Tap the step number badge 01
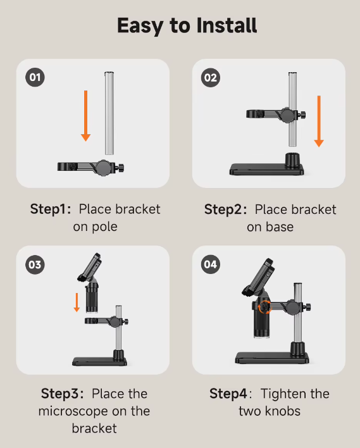[35, 77]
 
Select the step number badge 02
[211, 77]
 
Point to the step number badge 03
[35, 264]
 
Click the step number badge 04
[211, 264]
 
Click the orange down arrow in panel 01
[85, 116]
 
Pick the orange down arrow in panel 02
[319, 121]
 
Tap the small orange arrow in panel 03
[77, 302]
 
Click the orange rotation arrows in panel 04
[264, 308]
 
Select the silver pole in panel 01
[109, 113]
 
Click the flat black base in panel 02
[267, 169]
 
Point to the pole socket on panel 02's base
[292, 159]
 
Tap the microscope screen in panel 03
[90, 267]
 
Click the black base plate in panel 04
[272, 358]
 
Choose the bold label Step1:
[51, 209]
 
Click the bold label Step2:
[225, 209]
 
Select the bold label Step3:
[62, 394]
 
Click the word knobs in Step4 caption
[283, 411]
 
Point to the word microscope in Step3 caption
[73, 411]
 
